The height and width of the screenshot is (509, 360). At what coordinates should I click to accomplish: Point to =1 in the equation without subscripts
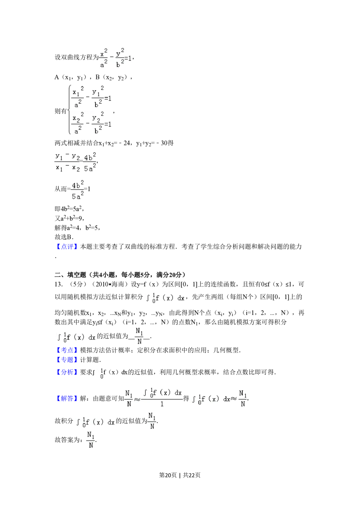coord(128,58)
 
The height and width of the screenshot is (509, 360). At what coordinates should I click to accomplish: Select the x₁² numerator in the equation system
coord(78,91)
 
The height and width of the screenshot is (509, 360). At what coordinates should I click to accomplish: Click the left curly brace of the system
coord(68,109)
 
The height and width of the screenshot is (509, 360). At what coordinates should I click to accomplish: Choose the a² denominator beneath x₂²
coord(78,130)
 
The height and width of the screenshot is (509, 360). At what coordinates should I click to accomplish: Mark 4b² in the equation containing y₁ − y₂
coord(90,157)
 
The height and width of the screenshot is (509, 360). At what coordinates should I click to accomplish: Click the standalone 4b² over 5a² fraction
coord(78,190)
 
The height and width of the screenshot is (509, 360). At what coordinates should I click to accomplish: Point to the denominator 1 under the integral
coord(162,404)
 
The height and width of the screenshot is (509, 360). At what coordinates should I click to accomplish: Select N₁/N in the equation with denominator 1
coord(129,398)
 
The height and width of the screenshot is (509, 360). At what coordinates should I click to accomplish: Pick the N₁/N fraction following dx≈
coord(243,398)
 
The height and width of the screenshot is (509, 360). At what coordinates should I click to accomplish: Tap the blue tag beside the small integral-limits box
coord(67,373)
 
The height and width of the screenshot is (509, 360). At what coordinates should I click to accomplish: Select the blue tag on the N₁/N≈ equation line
coord(67,398)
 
